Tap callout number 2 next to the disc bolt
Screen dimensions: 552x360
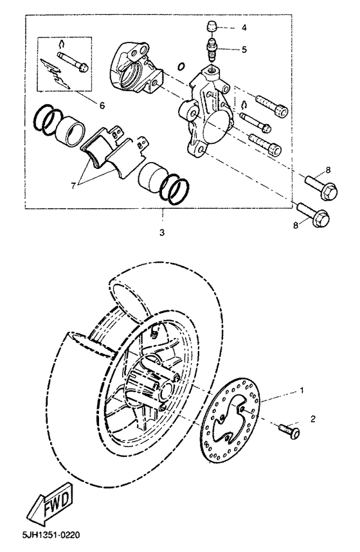(x=313, y=418)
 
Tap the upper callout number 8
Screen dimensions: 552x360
(x=327, y=170)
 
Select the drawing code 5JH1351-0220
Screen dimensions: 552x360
(x=41, y=534)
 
